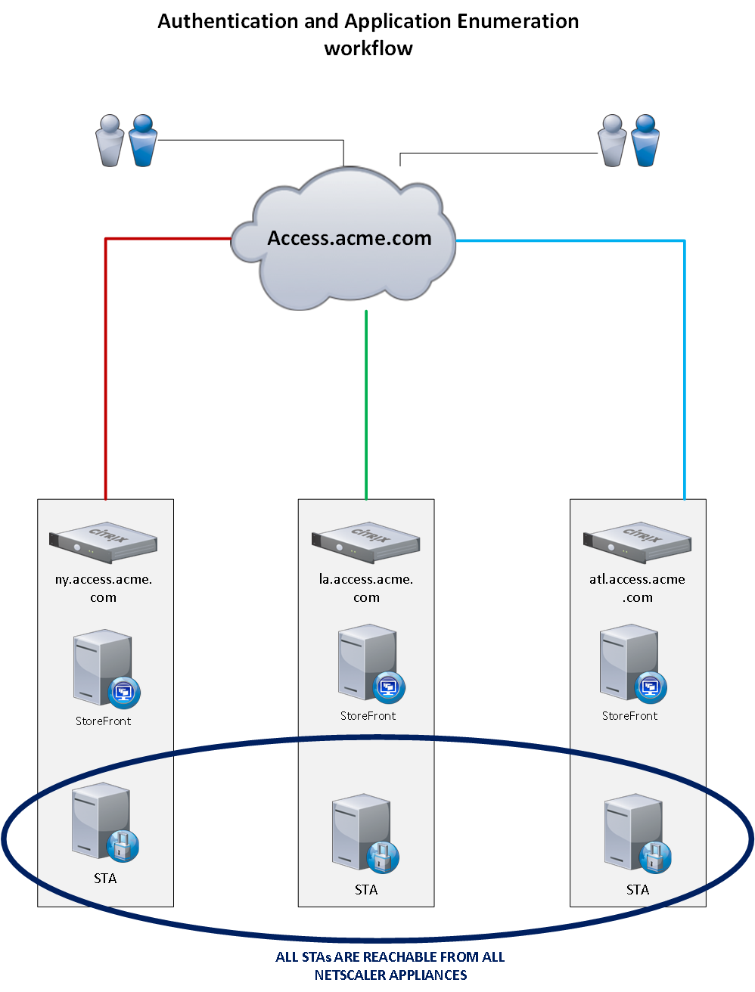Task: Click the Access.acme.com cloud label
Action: tap(350, 238)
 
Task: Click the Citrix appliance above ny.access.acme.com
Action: tap(104, 542)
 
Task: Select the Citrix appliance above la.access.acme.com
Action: tap(366, 542)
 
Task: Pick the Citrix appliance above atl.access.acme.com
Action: tap(637, 542)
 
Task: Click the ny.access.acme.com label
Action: tap(104, 588)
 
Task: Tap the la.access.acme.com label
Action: tap(366, 588)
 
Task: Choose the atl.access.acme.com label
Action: tap(637, 588)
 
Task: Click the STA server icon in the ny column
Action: tap(104, 823)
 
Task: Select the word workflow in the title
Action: tap(368, 48)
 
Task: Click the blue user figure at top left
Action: tap(143, 141)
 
